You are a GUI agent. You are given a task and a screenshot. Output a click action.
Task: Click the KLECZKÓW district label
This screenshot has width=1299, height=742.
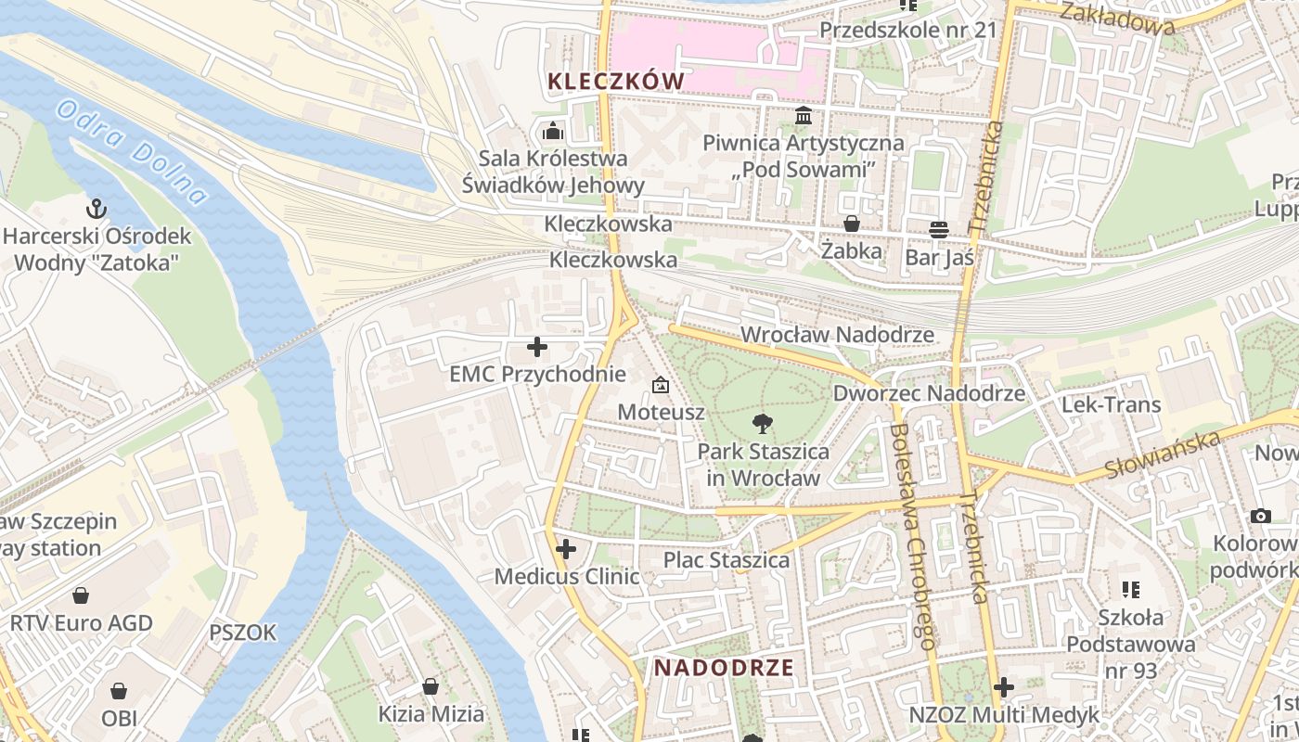click(616, 82)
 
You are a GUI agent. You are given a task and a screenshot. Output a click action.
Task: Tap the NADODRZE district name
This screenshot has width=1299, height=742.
click(724, 668)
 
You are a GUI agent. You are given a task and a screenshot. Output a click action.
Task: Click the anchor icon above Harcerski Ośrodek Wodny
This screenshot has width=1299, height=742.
click(96, 208)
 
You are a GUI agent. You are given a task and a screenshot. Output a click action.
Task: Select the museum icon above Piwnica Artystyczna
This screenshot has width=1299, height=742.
click(804, 117)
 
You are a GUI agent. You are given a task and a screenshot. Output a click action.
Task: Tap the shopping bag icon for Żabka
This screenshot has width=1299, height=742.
click(851, 224)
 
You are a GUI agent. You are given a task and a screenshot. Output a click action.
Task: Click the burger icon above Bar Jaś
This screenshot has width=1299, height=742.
click(939, 229)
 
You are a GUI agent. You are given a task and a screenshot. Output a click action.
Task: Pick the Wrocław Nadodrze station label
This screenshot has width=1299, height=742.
click(838, 334)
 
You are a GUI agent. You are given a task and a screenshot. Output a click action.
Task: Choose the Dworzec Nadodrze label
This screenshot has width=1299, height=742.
click(929, 393)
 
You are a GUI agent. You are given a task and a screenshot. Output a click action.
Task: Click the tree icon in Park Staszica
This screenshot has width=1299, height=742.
click(763, 425)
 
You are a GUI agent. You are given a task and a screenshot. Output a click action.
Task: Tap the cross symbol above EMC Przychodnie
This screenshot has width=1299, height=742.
click(536, 348)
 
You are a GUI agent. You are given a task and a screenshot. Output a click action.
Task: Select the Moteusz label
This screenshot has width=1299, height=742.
click(662, 412)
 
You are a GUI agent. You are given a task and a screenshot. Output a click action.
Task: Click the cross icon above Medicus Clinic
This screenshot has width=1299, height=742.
click(566, 549)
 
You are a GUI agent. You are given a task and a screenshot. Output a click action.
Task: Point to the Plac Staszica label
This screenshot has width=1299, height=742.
click(726, 560)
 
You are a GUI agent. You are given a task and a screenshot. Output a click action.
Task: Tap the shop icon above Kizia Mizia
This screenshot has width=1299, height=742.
click(431, 686)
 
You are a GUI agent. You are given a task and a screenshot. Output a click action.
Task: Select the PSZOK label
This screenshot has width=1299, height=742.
click(243, 633)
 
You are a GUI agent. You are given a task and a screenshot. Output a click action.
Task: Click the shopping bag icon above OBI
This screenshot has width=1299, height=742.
click(119, 691)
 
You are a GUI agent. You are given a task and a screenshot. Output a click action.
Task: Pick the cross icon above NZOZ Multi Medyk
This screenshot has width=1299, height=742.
click(1003, 687)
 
